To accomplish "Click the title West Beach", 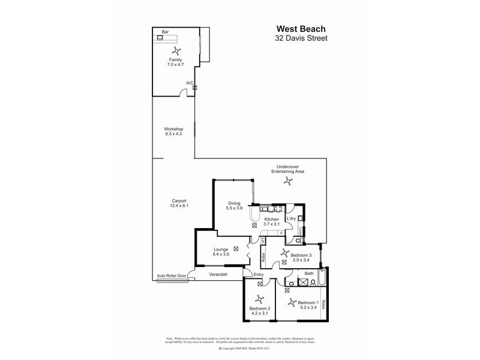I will tap(302, 28).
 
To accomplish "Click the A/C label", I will tap(190, 83).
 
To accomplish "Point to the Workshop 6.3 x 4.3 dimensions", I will tap(173, 134).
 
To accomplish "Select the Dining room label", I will tap(234, 203).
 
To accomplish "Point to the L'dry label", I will tap(291, 219).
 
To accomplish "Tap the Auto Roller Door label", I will tap(171, 276).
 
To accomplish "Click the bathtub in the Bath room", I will tap(322, 280).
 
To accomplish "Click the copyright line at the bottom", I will tap(240, 347).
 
